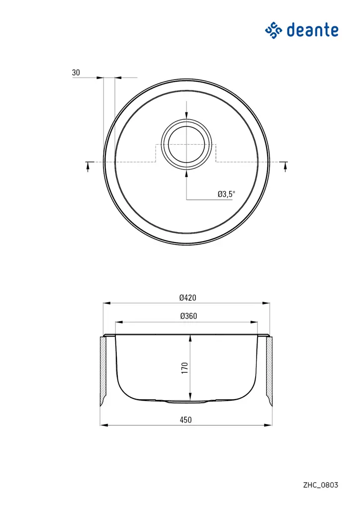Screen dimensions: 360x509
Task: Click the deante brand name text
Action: [313, 30]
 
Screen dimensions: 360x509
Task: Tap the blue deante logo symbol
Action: [273, 30]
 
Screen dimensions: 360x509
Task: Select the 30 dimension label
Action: [76, 73]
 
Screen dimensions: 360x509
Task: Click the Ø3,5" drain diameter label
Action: [226, 194]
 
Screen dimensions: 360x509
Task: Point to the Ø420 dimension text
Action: [187, 297]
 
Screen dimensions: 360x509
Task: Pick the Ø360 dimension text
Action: [188, 316]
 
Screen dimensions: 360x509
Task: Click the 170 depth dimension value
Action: [184, 368]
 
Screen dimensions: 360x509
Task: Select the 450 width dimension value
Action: [185, 420]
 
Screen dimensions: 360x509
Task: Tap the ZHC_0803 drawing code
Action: [321, 485]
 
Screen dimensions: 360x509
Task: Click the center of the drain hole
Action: [186, 144]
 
